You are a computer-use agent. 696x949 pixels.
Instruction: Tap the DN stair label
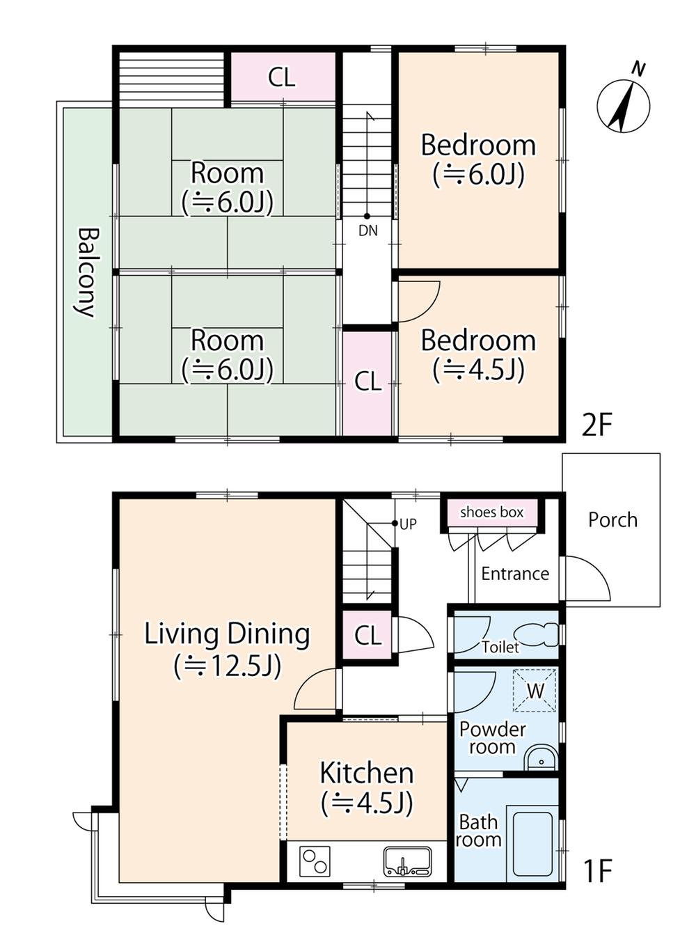click(367, 230)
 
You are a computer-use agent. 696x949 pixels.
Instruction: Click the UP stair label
click(409, 524)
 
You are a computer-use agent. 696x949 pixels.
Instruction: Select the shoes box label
click(492, 512)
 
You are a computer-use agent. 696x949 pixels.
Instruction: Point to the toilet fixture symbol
click(536, 635)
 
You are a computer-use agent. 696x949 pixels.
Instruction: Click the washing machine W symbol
click(535, 691)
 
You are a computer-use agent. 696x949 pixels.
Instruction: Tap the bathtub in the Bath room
click(532, 843)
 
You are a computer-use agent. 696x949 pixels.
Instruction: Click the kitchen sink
click(408, 862)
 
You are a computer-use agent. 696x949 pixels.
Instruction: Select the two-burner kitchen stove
click(315, 861)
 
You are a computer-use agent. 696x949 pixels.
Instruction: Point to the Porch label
click(612, 520)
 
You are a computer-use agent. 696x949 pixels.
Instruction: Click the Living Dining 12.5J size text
click(227, 667)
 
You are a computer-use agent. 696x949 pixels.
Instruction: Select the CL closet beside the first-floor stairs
click(367, 635)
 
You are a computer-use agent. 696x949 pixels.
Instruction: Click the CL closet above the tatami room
click(282, 77)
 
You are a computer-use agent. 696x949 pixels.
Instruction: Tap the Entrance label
click(515, 574)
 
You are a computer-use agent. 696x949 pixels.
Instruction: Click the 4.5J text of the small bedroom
click(479, 370)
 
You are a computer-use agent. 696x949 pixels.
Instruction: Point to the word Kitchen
click(366, 773)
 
